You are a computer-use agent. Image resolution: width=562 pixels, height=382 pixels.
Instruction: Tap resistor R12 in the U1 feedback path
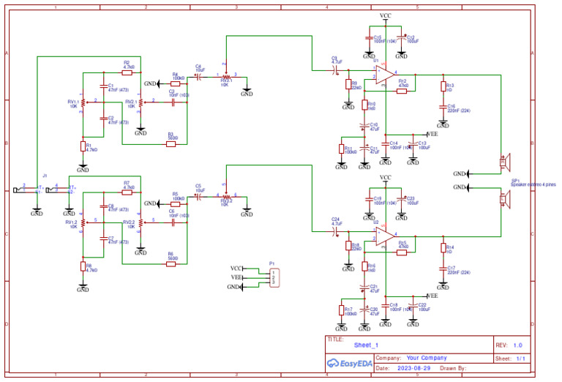point(402,90)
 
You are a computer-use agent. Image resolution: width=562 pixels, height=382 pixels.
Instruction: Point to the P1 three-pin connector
point(274,278)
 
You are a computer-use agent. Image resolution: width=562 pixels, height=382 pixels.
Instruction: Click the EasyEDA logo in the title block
point(349,363)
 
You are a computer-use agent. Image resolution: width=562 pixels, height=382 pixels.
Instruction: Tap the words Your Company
point(426,358)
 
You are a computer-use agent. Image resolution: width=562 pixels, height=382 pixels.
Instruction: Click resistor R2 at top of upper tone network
point(127,72)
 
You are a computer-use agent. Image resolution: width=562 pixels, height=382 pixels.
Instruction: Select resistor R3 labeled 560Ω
point(171,144)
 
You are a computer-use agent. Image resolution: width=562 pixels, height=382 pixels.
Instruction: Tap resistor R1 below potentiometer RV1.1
point(83,146)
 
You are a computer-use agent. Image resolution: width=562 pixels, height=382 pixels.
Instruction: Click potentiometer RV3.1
point(226,76)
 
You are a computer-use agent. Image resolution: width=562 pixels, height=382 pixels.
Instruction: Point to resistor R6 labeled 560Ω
point(171,263)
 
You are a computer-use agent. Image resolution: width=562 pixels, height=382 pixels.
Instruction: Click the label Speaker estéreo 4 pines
point(533,185)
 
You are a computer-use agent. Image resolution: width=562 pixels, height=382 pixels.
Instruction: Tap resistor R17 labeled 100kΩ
point(341,310)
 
